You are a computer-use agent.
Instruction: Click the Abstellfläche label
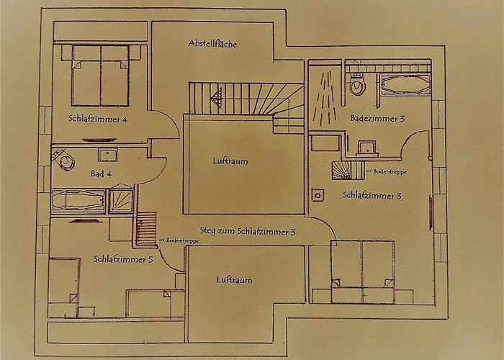point(212,43)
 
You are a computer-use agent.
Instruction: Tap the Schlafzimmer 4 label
point(98,119)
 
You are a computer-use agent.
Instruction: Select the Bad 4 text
point(101,174)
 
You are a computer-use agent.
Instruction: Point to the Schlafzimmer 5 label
point(123,259)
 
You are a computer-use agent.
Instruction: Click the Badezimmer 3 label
point(377,118)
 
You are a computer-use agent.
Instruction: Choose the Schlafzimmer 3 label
point(372,195)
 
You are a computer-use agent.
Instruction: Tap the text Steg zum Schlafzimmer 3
point(248,231)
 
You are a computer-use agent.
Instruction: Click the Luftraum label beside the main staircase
point(230,161)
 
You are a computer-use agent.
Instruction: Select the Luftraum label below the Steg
point(234,279)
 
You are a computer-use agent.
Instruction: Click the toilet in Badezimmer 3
point(357,84)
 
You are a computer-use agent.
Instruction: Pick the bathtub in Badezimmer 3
point(405,84)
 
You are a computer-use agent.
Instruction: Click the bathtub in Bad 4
point(78,201)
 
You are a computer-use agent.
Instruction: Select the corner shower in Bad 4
point(121,199)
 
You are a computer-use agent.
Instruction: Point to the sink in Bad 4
point(108,156)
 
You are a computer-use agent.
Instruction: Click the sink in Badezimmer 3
point(367,148)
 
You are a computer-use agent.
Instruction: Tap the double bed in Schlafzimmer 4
point(101,76)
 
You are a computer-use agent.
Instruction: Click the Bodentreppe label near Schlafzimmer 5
point(179,240)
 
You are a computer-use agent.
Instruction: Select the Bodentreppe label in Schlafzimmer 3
point(387,172)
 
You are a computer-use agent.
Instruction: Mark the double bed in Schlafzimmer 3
point(363,272)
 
